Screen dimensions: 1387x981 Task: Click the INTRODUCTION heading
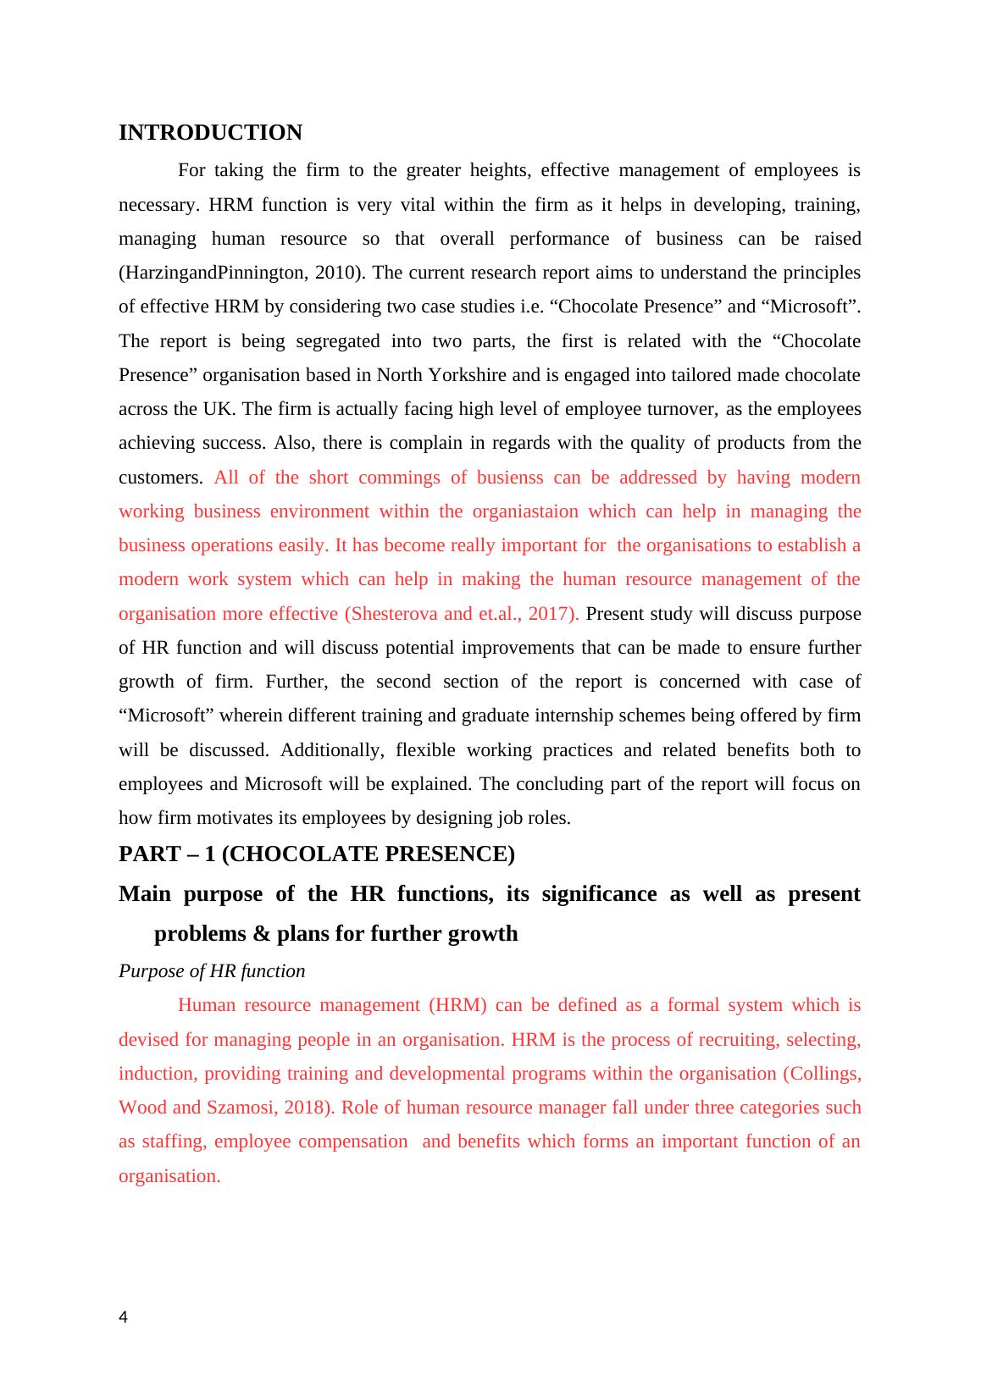coord(210,133)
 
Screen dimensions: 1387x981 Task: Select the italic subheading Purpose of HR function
coord(212,971)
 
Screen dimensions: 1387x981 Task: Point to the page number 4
coord(124,1318)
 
